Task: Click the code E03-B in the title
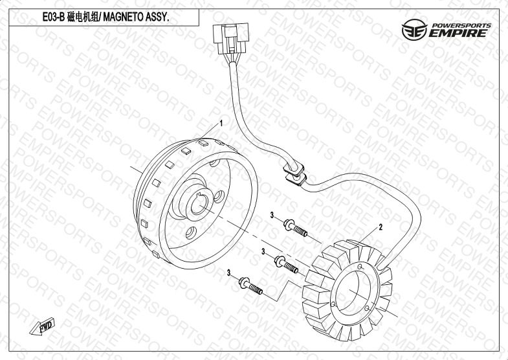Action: [54, 17]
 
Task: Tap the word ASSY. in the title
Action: [159, 17]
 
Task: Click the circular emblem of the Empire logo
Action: [414, 29]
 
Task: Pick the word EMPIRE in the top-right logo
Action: [458, 33]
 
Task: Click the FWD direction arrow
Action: [42, 326]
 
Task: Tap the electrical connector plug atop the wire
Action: [231, 38]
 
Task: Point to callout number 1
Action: [221, 123]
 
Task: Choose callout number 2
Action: [381, 227]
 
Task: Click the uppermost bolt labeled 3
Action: [295, 228]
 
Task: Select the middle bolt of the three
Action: [286, 264]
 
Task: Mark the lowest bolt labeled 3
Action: [250, 286]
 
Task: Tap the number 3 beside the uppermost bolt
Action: [272, 215]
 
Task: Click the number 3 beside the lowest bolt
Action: [228, 273]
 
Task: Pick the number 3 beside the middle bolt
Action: [263, 251]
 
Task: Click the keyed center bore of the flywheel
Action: [197, 205]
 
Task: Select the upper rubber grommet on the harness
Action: [294, 169]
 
